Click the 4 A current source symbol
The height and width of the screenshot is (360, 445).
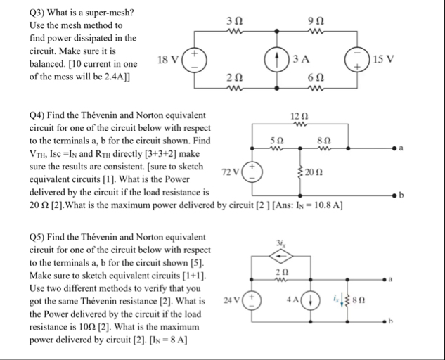(x=313, y=300)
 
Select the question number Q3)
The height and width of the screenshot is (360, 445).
(x=20, y=12)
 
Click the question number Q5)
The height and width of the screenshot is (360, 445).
(x=20, y=237)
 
